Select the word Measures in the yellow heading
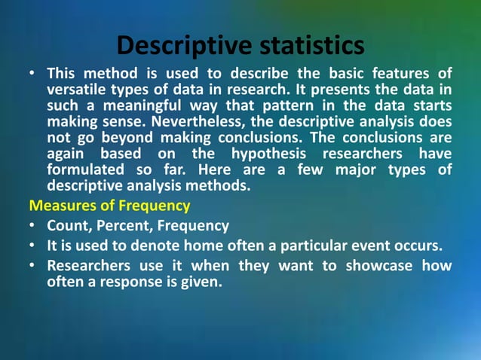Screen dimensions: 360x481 59,205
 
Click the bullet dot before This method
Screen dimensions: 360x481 32,74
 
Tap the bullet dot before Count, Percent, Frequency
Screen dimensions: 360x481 32,226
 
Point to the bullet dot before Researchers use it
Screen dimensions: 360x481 32,266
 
